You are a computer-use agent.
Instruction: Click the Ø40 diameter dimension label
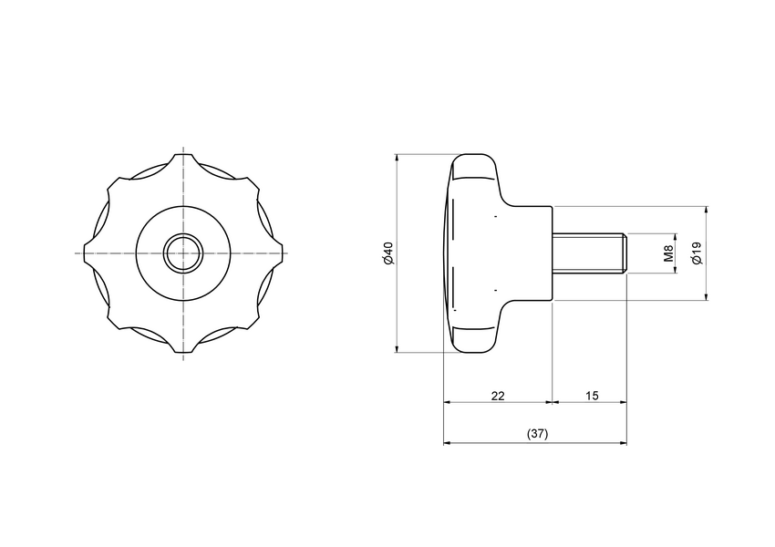pos(388,253)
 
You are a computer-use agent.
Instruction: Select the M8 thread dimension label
pos(668,253)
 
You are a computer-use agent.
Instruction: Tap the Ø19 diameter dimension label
pos(697,253)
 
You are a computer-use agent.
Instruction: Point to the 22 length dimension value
pos(498,396)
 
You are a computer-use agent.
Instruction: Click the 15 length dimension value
pos(591,396)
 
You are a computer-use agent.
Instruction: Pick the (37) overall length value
pos(537,434)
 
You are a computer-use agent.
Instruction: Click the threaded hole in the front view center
pos(183,253)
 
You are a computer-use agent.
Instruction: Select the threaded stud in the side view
pos(588,253)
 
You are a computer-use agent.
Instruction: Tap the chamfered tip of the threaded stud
pos(625,253)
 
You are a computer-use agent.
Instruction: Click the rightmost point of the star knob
pos(283,253)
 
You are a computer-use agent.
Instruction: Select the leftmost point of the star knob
pos(84,253)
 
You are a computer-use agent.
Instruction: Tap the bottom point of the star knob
pos(183,352)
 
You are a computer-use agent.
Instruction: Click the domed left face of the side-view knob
pos(448,253)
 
